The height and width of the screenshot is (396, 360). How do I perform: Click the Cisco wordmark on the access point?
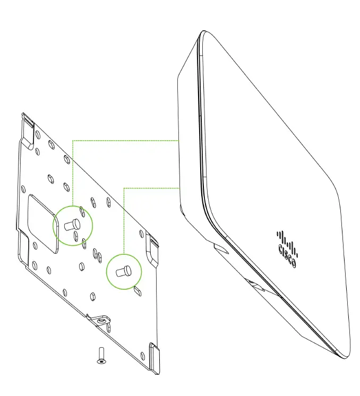pyautogui.click(x=287, y=255)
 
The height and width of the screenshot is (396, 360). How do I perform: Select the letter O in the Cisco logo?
pyautogui.click(x=294, y=263)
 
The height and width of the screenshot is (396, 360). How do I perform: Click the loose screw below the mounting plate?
pyautogui.click(x=101, y=354)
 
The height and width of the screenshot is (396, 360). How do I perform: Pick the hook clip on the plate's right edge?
pyautogui.click(x=152, y=248)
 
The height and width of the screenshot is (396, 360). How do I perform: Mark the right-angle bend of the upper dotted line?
pyautogui.click(x=72, y=141)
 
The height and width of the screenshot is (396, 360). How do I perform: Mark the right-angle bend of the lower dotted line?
pyautogui.click(x=124, y=187)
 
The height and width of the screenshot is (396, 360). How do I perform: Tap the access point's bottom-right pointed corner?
pyautogui.click(x=348, y=356)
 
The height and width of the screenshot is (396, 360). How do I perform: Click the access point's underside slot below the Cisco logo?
pyautogui.click(x=258, y=286)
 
